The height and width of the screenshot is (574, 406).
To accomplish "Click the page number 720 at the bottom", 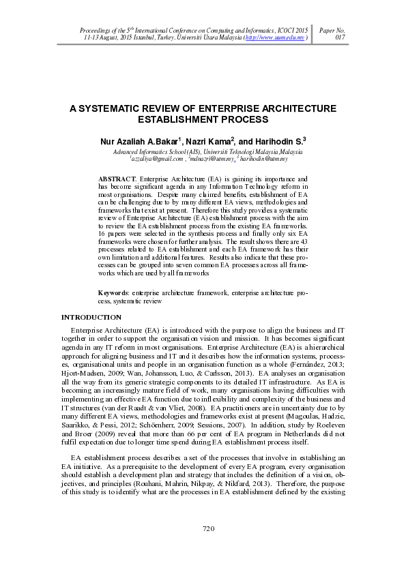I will [x=209, y=528].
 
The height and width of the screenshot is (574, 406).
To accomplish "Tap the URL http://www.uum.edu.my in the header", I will [x=275, y=38].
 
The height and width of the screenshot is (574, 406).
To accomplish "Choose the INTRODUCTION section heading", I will [x=91, y=336].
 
